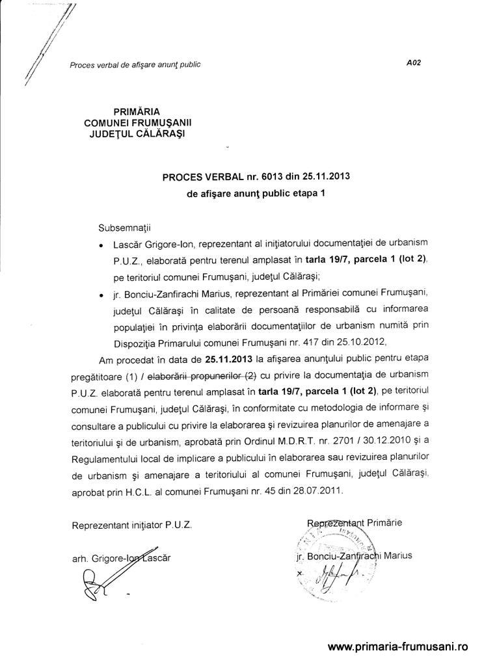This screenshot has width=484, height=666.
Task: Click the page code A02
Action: coord(414,63)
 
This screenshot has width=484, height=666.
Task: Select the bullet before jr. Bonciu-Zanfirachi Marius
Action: coord(101,296)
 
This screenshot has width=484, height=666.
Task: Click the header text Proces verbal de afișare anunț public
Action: coord(135,64)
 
